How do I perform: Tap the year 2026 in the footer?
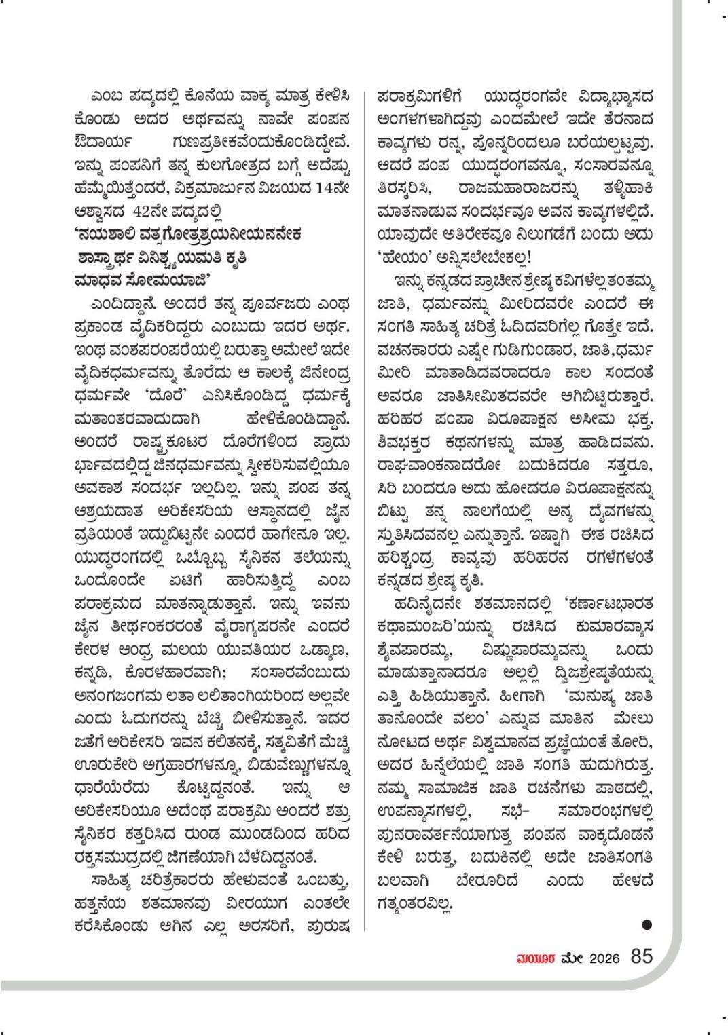(x=604, y=958)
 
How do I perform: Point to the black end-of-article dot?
(x=647, y=924)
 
